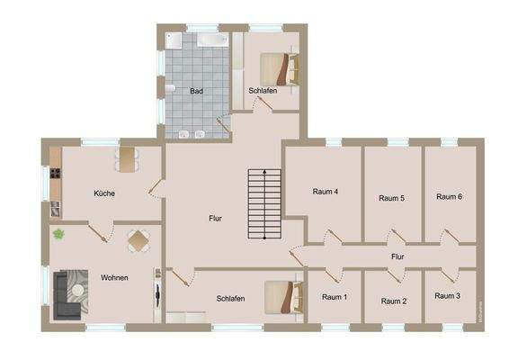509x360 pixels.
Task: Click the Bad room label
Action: [196, 91]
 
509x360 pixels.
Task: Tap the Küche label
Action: [104, 193]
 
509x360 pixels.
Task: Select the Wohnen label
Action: [114, 278]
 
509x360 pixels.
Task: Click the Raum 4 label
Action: [325, 192]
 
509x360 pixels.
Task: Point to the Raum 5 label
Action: [392, 198]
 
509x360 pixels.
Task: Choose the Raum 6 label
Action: [449, 197]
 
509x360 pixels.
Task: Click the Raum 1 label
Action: [335, 297]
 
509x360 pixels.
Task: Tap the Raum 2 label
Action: [394, 301]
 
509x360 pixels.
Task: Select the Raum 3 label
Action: [447, 296]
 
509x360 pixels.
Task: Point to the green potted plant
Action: [59, 235]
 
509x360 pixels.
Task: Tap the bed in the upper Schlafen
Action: [281, 67]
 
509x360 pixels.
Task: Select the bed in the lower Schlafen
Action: [281, 296]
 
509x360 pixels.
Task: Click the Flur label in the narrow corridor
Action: [397, 257]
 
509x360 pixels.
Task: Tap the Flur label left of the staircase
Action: [215, 219]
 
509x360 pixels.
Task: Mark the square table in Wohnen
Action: [139, 242]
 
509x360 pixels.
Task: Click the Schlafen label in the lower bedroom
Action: [231, 298]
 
